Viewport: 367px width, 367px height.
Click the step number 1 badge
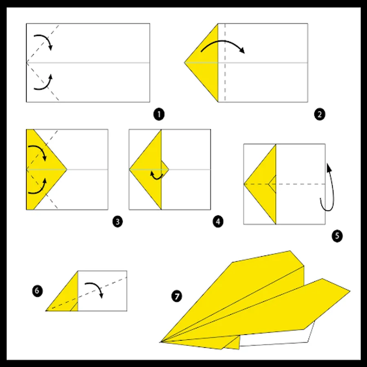pos(159,115)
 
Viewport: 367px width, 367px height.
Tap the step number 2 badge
pos(319,115)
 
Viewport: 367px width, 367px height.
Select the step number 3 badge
pos(117,221)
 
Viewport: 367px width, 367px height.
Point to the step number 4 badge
pos(218,221)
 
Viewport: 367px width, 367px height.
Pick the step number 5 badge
pos(337,236)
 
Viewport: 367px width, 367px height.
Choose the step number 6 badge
pos(37,291)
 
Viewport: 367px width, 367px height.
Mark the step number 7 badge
pos(177,296)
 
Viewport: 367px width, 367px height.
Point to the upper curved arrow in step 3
pos(40,148)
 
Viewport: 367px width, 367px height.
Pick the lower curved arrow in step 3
pos(40,191)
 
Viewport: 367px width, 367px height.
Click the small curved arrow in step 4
pos(156,178)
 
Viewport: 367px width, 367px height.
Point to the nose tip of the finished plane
pos(160,342)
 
